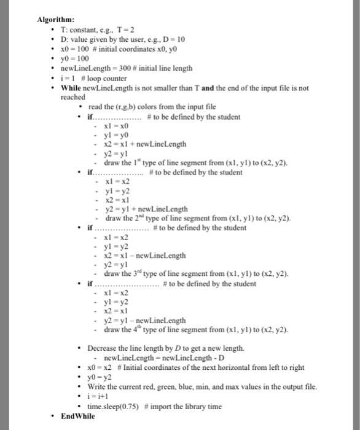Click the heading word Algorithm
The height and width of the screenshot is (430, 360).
(56, 19)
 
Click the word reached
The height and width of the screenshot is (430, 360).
(72, 96)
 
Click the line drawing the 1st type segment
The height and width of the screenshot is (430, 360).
(197, 163)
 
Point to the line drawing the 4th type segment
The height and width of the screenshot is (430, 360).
(197, 330)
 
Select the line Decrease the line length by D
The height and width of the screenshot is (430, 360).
(166, 348)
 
